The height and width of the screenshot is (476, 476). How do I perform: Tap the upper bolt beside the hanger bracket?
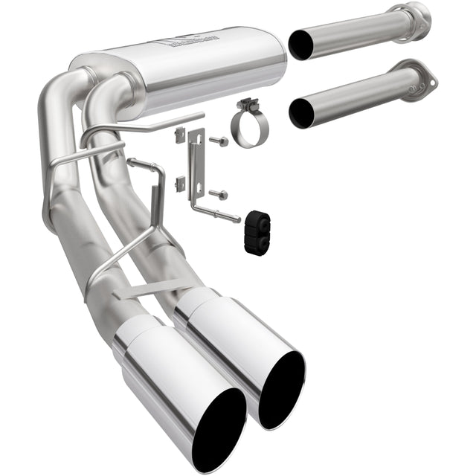(x=216, y=141)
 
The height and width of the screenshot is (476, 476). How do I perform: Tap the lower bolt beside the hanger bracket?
(x=220, y=195)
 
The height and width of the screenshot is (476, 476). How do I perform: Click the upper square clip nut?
(x=178, y=135)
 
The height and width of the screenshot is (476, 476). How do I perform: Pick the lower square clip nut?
(x=180, y=183)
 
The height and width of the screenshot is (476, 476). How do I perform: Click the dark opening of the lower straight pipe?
(x=304, y=114)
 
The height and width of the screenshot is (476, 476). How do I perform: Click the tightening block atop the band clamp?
(x=245, y=105)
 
